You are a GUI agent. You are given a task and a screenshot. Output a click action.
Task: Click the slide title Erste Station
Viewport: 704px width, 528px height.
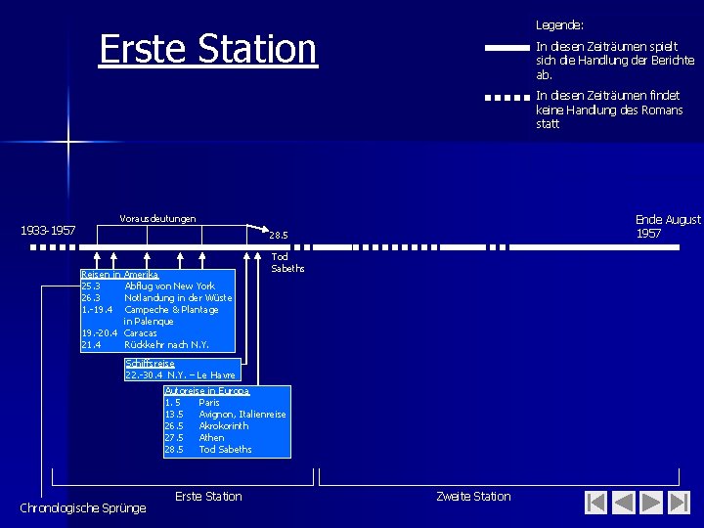click(x=208, y=49)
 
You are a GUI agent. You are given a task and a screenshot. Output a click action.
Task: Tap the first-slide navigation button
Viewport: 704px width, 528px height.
click(x=596, y=503)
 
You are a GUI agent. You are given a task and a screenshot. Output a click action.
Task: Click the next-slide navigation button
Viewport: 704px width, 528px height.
click(x=650, y=503)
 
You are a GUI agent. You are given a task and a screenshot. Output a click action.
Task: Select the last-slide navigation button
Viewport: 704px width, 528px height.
click(x=677, y=503)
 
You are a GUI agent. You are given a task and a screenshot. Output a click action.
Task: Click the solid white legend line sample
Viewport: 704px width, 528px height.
click(x=506, y=47)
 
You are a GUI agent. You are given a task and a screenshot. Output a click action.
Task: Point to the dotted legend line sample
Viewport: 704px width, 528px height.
click(x=506, y=97)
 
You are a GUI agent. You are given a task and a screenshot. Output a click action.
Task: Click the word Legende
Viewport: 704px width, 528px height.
click(x=559, y=23)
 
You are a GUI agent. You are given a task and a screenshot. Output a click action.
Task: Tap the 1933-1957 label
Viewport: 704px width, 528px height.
click(x=49, y=231)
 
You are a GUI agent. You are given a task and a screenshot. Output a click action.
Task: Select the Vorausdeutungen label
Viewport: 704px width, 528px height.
click(x=157, y=218)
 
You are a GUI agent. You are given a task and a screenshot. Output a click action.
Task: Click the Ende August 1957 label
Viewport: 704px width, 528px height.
click(x=668, y=226)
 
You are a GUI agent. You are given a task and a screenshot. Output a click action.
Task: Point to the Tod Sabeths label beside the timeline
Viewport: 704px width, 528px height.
click(x=287, y=262)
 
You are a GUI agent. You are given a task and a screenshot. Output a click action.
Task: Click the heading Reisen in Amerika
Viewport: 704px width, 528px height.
click(x=119, y=275)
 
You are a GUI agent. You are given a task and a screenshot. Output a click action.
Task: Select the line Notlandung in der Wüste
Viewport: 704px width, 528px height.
click(x=178, y=297)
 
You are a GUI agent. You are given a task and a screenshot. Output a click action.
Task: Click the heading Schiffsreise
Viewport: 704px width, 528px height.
click(x=150, y=364)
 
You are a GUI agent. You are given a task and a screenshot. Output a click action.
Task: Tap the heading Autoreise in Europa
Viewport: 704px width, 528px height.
click(x=206, y=390)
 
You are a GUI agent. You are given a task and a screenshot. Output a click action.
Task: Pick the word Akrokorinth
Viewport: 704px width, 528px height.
click(x=223, y=426)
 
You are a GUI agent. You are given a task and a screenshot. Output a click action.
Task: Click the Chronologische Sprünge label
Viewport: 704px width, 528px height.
click(x=83, y=507)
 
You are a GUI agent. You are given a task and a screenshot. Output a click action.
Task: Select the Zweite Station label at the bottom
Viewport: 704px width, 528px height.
click(x=473, y=496)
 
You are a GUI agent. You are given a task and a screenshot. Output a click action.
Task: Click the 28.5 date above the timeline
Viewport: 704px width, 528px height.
click(x=279, y=235)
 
